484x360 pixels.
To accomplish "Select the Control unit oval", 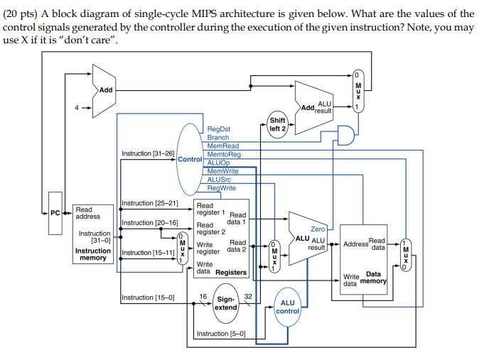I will point(190,159).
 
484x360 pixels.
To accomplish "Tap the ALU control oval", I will point(288,307).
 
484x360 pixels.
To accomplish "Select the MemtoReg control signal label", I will point(224,154).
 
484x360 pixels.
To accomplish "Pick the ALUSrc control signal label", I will point(220,179).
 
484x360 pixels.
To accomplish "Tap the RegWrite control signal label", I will point(222,187).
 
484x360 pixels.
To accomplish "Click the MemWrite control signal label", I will point(222,171).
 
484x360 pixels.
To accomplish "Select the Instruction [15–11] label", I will point(148,253).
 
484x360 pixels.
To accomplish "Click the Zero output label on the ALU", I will point(318,229).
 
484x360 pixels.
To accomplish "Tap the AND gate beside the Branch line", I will point(346,135).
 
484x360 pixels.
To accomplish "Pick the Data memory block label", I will point(373,278).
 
